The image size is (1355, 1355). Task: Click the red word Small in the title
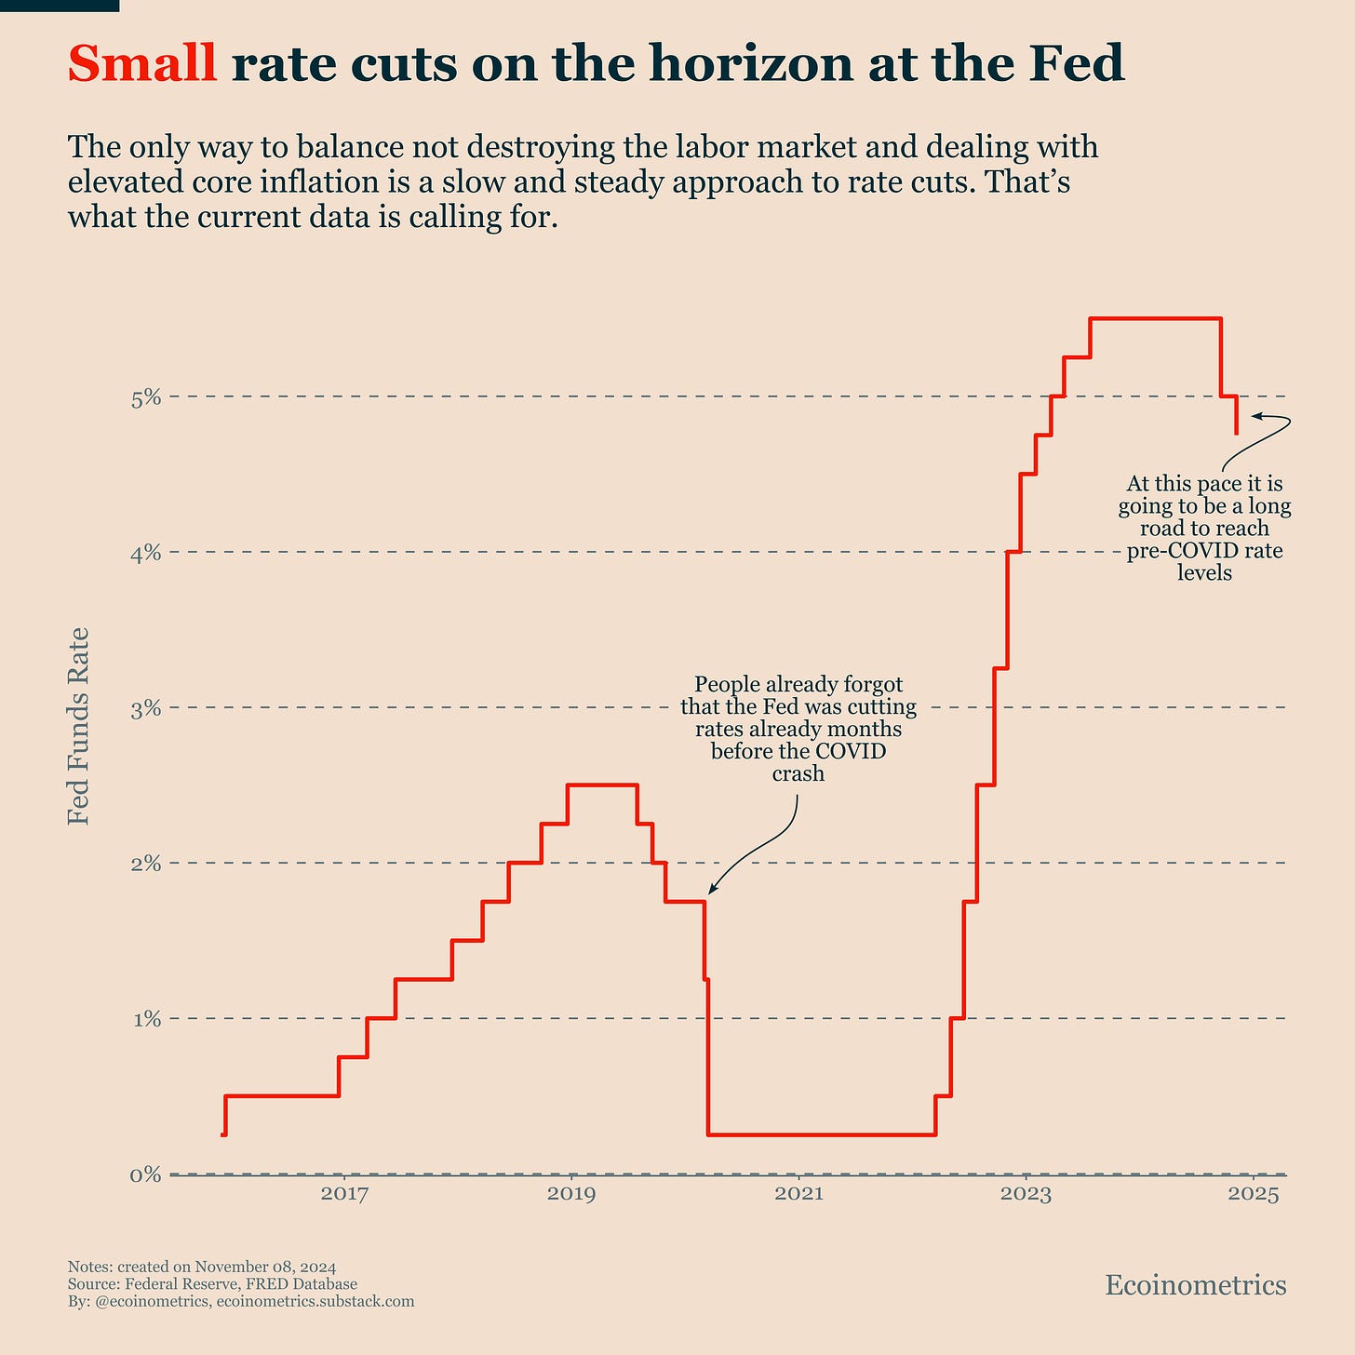tap(142, 65)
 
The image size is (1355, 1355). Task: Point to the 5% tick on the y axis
tap(146, 398)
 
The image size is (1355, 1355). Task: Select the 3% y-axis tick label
tap(146, 709)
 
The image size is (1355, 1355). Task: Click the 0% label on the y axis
tap(146, 1175)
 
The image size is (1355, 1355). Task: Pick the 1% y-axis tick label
tap(146, 1020)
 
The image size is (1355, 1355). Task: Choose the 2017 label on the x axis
tap(344, 1194)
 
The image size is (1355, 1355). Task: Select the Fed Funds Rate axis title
tap(80, 725)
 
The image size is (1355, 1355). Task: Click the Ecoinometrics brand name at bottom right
tap(1195, 1285)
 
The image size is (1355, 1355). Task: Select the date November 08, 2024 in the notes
tap(265, 1267)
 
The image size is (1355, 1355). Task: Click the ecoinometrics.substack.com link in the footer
tap(315, 1301)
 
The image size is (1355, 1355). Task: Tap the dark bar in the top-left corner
tap(59, 6)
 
